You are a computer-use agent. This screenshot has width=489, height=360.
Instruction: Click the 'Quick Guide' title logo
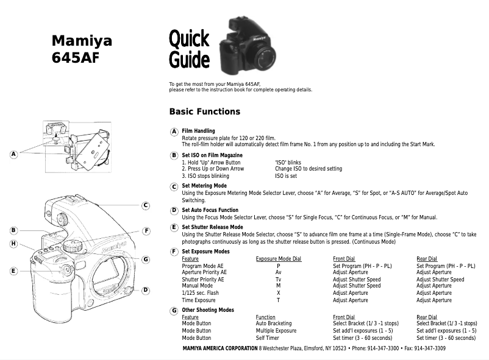(x=189, y=50)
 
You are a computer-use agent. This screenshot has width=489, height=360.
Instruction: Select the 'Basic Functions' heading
(x=204, y=111)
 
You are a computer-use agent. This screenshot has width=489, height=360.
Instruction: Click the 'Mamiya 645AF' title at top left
(x=82, y=49)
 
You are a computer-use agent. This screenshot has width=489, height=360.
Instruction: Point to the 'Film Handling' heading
(x=198, y=131)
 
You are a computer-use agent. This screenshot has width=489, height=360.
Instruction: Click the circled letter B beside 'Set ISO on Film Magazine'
(x=174, y=155)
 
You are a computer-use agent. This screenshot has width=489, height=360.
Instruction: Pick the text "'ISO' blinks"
(x=288, y=162)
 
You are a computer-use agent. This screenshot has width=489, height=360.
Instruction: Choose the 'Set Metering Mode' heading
(x=204, y=185)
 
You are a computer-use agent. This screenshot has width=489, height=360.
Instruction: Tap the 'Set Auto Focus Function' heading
(x=210, y=210)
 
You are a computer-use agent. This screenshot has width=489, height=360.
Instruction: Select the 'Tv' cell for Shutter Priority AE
(x=278, y=280)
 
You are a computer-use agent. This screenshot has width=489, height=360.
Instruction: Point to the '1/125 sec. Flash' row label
(x=201, y=293)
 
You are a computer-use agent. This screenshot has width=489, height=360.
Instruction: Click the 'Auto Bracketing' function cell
(x=273, y=323)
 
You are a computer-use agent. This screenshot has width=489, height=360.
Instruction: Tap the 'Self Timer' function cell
(x=267, y=338)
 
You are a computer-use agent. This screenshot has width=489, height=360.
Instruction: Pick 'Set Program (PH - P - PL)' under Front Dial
(x=362, y=266)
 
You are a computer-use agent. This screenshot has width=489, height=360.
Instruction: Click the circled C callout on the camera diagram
(x=146, y=205)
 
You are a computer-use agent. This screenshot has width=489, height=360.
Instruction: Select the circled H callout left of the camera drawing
(x=13, y=244)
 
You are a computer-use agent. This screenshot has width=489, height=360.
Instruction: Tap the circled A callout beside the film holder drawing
(x=13, y=154)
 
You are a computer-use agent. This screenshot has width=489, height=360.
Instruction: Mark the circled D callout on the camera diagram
(x=146, y=290)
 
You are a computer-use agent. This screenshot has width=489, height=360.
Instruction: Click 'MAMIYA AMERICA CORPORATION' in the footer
(x=220, y=348)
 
